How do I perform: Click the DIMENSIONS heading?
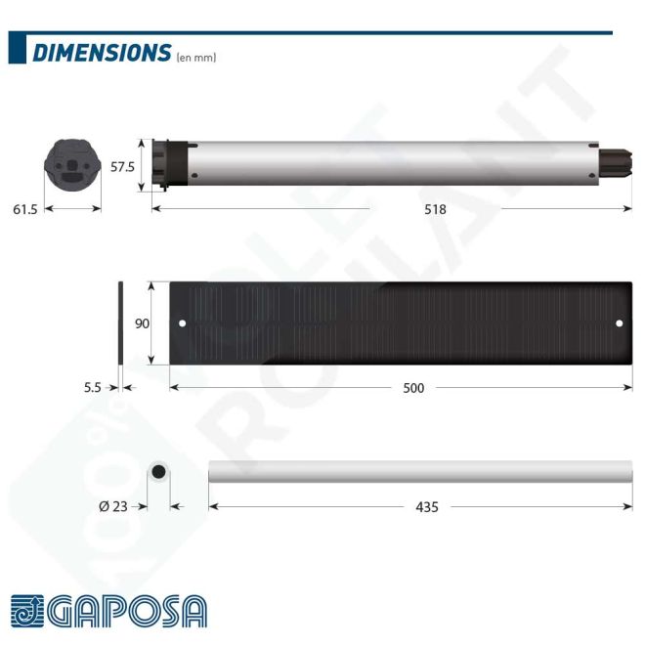click(102, 53)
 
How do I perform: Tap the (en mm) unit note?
click(196, 58)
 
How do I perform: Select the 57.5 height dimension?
click(121, 167)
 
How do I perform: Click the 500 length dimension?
click(413, 388)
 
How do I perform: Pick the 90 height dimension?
click(142, 323)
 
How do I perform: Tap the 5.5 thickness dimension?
click(94, 388)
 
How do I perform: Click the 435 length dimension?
click(427, 507)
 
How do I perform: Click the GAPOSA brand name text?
click(125, 611)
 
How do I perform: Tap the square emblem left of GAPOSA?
click(25, 611)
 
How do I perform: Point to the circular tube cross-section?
click(158, 473)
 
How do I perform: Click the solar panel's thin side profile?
click(120, 323)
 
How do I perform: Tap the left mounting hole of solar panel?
click(182, 323)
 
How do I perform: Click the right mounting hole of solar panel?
click(619, 323)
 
